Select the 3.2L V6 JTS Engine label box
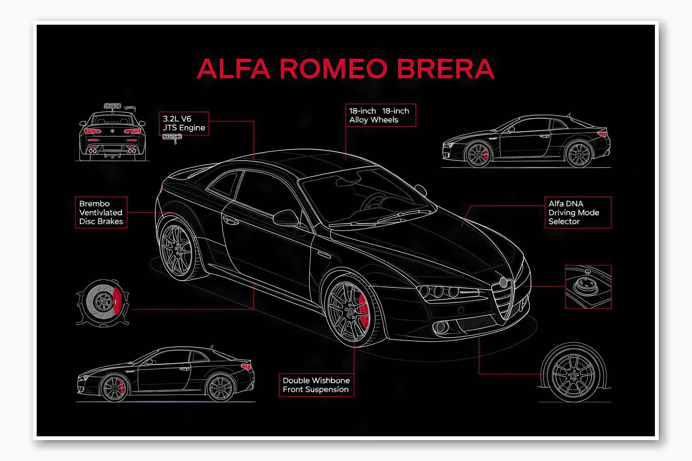point(184,124)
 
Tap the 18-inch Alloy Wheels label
point(380,115)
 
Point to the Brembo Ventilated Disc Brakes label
point(101,212)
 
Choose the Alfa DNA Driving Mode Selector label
point(578,212)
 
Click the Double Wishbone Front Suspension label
point(316,385)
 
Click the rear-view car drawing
point(112,135)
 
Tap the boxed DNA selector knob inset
point(588,286)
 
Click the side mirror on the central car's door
point(286,218)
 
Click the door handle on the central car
point(231,221)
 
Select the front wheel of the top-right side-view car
point(478,154)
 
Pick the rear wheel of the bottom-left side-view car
point(221,388)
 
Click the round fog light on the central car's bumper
point(441,327)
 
